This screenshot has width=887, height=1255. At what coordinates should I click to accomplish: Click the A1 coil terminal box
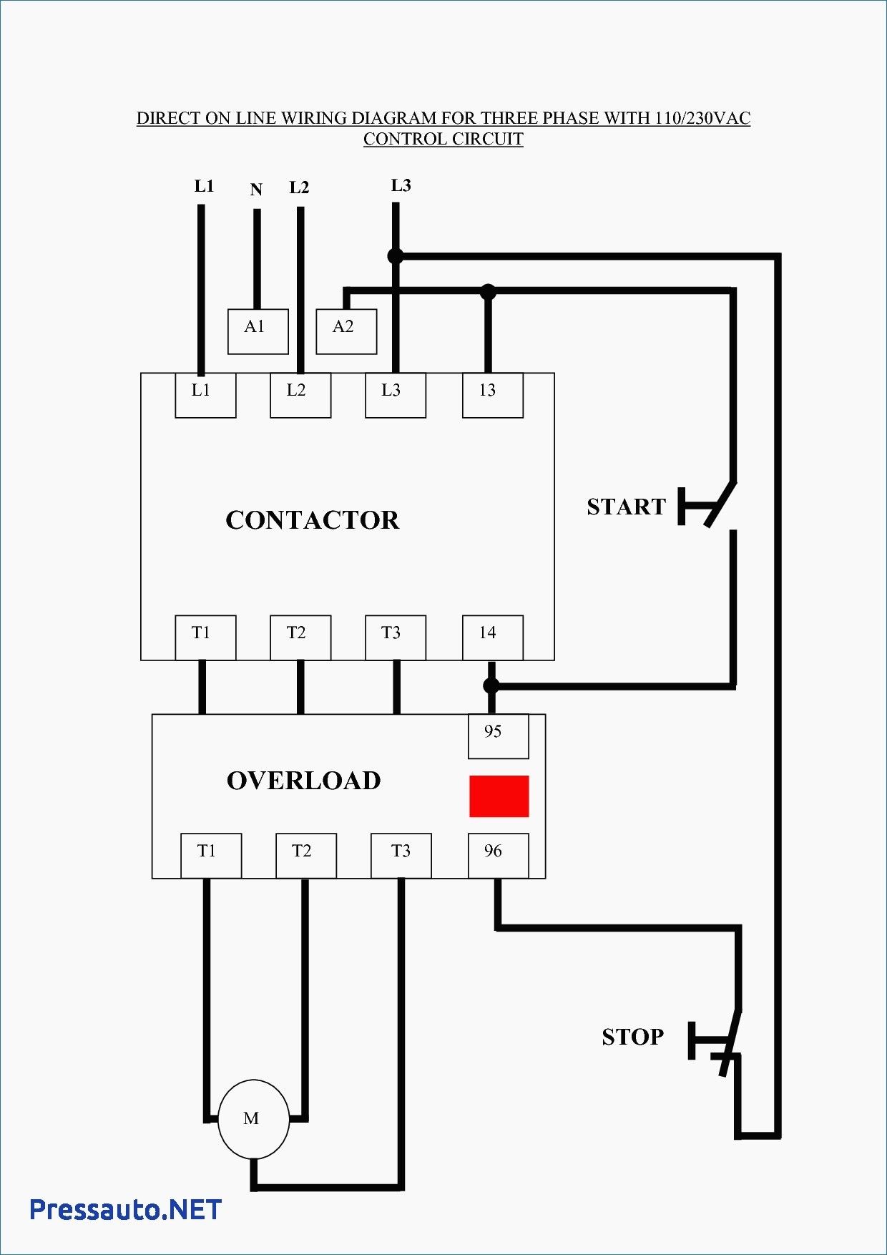(x=258, y=331)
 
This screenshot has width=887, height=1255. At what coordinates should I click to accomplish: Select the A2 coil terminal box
(x=347, y=331)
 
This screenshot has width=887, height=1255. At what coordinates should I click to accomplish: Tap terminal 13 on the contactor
(x=493, y=395)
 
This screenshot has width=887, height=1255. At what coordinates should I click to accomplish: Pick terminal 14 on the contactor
(x=493, y=638)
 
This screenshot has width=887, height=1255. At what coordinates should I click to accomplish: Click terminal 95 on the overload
(x=499, y=736)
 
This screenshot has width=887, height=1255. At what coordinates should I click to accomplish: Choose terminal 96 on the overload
(x=499, y=856)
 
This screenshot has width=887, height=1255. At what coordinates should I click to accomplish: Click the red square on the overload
(x=499, y=796)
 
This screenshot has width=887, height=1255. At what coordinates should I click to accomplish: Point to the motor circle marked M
(x=254, y=1119)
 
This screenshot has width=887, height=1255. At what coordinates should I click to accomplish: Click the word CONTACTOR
(x=313, y=520)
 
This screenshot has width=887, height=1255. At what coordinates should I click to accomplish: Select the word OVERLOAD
(x=304, y=781)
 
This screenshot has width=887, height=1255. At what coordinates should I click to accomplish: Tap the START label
(x=627, y=507)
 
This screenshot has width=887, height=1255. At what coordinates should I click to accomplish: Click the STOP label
(x=633, y=1037)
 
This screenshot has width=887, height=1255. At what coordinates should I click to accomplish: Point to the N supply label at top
(x=256, y=190)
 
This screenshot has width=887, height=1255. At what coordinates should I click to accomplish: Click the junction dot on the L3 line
(x=396, y=255)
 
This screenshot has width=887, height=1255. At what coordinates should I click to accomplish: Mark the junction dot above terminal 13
(x=488, y=291)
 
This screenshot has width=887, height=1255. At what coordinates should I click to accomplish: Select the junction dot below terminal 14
(x=491, y=685)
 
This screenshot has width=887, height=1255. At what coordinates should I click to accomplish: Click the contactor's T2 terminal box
(x=300, y=638)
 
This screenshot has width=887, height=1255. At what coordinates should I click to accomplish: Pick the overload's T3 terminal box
(x=401, y=856)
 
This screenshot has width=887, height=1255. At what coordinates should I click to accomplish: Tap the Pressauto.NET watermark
(x=126, y=1210)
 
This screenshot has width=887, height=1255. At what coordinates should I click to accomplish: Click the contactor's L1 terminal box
(x=206, y=395)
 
